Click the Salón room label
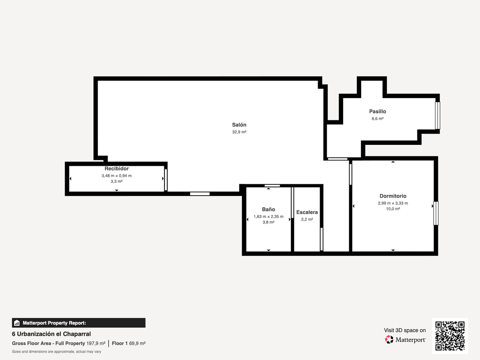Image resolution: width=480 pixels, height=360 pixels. [239, 125]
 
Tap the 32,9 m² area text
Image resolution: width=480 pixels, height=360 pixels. [239, 132]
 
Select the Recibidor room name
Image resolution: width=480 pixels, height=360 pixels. [116, 168]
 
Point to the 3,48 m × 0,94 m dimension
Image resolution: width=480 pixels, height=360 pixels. [116, 176]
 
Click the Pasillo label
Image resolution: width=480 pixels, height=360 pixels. [378, 112]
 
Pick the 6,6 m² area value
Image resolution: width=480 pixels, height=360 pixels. [378, 119]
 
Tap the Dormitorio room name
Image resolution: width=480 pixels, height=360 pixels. [393, 196]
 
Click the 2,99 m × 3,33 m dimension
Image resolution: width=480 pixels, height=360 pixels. [393, 203]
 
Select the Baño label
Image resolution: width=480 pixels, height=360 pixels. [268, 209]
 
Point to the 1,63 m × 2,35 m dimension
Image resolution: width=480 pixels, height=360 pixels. [268, 217]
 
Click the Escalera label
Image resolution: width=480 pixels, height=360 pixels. [307, 212]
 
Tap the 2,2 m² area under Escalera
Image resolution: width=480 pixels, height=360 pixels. [307, 220]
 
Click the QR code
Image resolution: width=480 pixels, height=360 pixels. [450, 336]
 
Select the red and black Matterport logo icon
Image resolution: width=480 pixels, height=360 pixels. [389, 340]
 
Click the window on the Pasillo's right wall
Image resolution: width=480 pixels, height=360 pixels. [437, 116]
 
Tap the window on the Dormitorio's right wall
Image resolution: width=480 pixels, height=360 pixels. [436, 213]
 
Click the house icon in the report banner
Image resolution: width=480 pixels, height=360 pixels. [17, 323]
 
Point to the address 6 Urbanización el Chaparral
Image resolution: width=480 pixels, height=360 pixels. [51, 334]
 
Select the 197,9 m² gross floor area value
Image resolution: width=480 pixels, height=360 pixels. [96, 343]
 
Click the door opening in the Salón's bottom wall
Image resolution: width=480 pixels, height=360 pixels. [200, 194]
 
